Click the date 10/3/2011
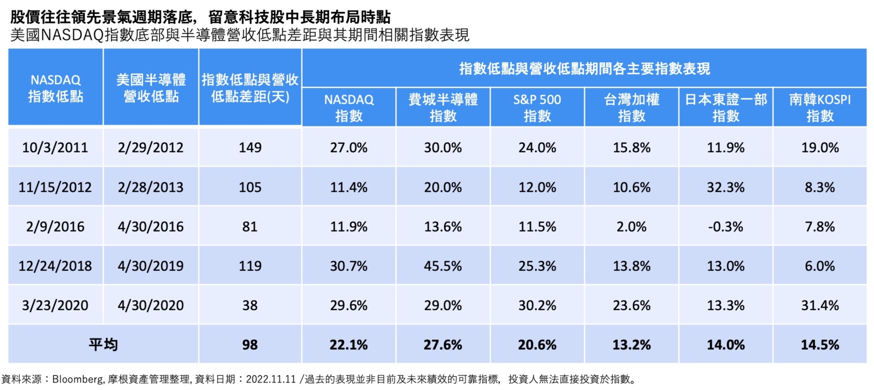(x=55, y=147)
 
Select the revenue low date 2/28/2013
(x=150, y=187)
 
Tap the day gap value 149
(x=250, y=147)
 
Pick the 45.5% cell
(x=442, y=266)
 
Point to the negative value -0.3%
(x=725, y=227)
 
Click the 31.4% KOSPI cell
(x=819, y=305)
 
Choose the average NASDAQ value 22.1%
(x=349, y=345)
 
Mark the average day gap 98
(x=250, y=345)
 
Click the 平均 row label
(x=103, y=345)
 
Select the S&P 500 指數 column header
(x=537, y=108)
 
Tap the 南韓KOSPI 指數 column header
(x=819, y=108)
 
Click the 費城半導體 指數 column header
(x=442, y=108)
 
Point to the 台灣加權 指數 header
(x=631, y=108)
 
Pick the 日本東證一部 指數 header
(x=725, y=108)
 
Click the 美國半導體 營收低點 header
(x=151, y=88)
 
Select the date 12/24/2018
(x=55, y=266)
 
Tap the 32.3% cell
(x=725, y=187)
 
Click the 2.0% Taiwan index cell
(x=631, y=227)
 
